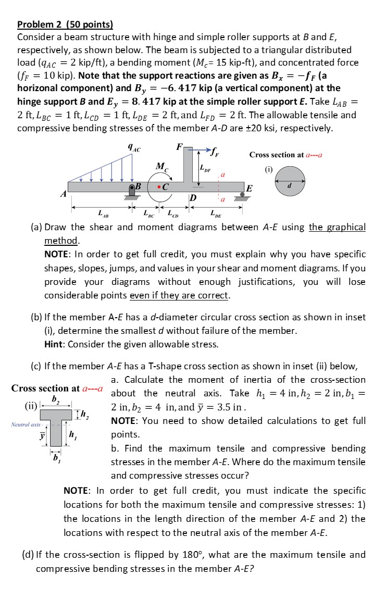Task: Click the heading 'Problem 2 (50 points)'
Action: tap(65, 24)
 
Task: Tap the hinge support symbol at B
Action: tap(132, 193)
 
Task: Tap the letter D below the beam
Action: tap(193, 198)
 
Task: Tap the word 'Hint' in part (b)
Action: tap(55, 344)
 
